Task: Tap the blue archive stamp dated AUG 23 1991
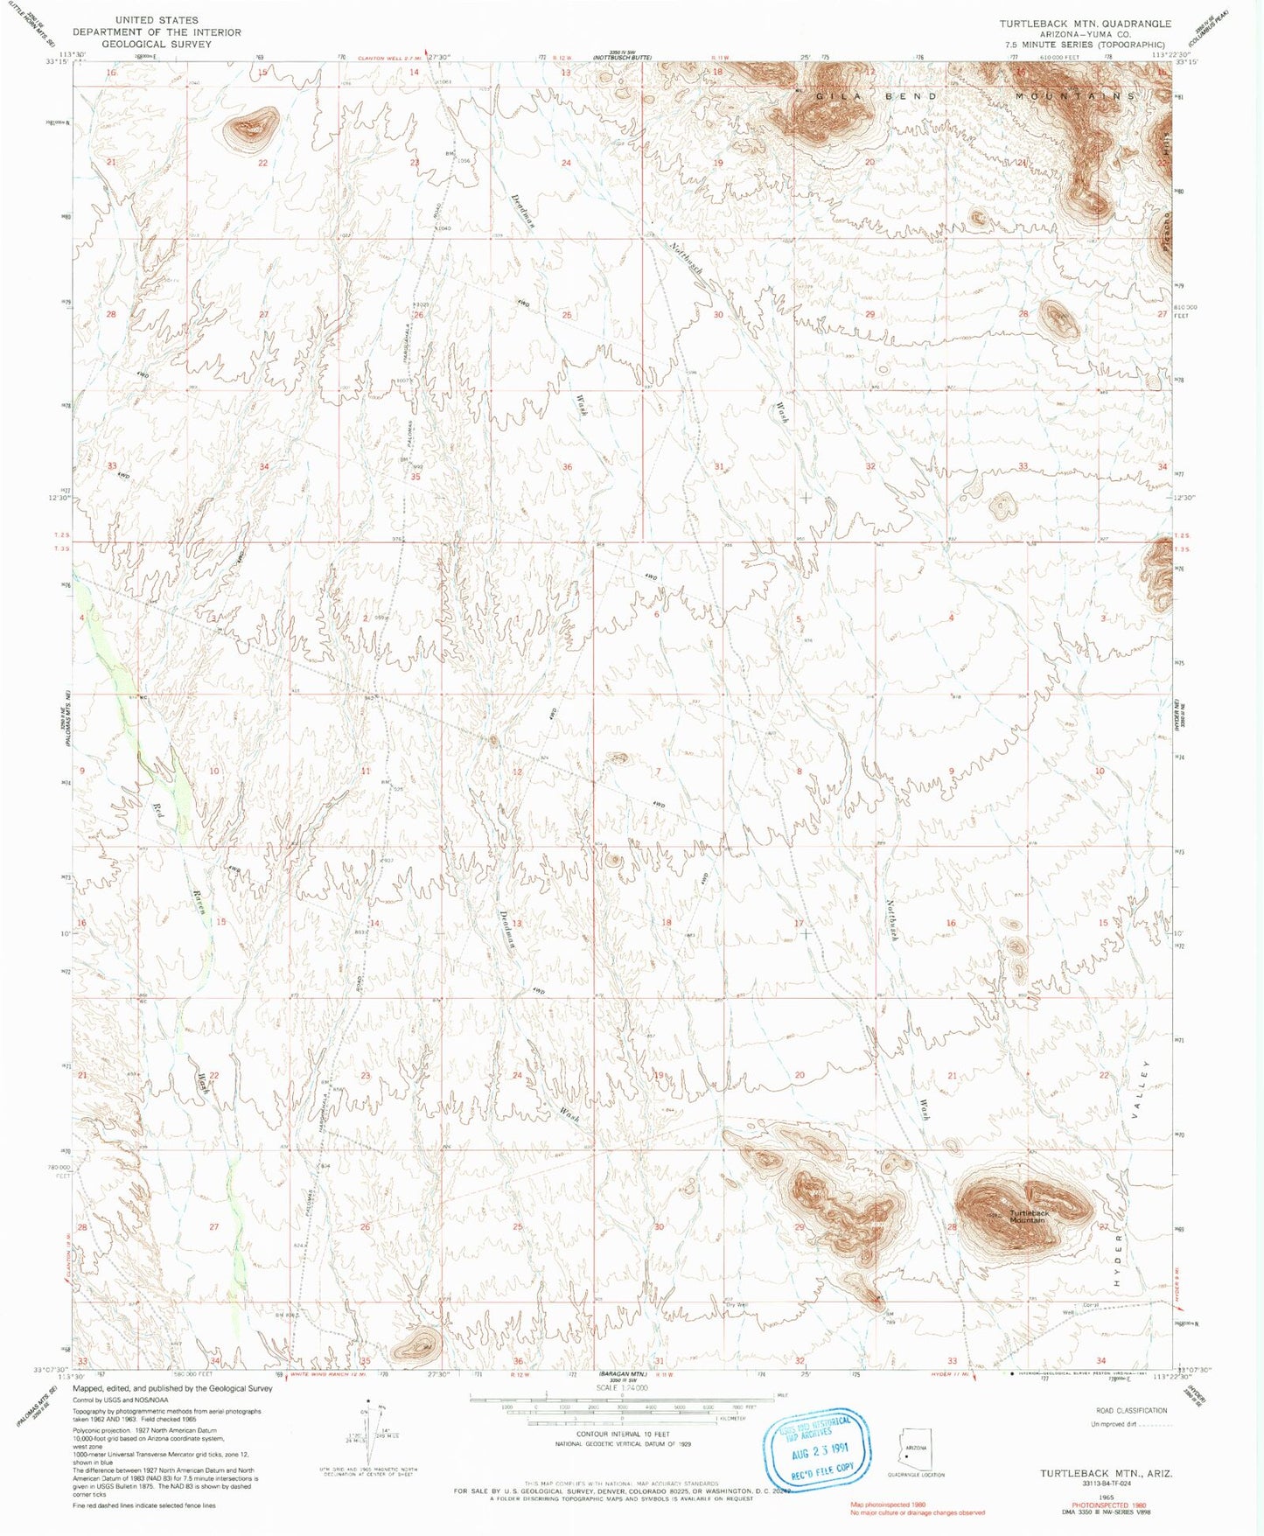[818, 1447]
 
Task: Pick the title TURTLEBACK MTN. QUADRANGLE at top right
[1086, 24]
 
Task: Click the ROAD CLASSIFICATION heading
[1131, 1410]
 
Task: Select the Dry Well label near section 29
[737, 1305]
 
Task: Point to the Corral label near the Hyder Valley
[1090, 1306]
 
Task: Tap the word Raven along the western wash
[199, 902]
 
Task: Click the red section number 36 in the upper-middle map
[567, 467]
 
